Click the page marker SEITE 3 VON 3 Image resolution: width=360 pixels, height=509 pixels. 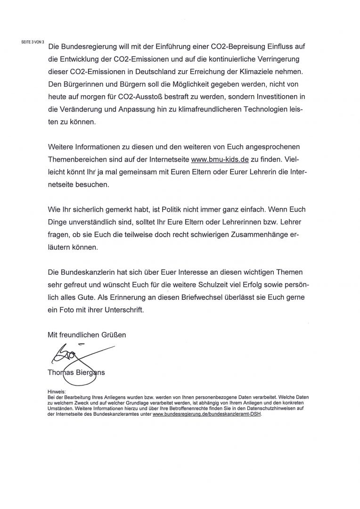[33, 42]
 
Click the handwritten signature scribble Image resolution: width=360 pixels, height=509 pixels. [71, 356]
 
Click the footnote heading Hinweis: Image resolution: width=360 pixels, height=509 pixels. [57, 391]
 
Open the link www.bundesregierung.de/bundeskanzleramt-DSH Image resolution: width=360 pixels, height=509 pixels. [207, 414]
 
